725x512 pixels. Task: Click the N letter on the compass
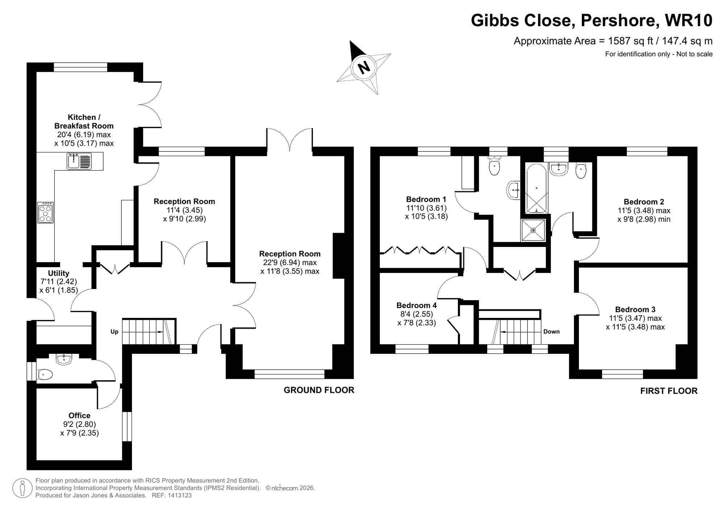pos(363,67)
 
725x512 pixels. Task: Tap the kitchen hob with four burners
pos(45,213)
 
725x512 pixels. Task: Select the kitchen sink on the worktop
pos(79,161)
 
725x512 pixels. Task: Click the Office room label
pos(79,415)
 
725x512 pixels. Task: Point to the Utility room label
pos(58,273)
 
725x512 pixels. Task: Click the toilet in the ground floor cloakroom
pos(45,374)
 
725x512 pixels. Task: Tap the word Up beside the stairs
pos(114,332)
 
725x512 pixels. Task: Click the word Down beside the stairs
pos(551,332)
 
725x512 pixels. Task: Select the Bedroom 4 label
pos(417,305)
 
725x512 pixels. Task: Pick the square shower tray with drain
pos(533,230)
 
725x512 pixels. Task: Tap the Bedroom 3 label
pos(635,309)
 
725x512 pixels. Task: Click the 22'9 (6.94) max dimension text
pos(290,263)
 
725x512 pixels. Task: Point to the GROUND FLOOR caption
pos(319,390)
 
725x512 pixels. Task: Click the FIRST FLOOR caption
pos(668,391)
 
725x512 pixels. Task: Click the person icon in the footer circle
pos(22,488)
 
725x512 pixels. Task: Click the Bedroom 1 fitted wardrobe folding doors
pos(419,250)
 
